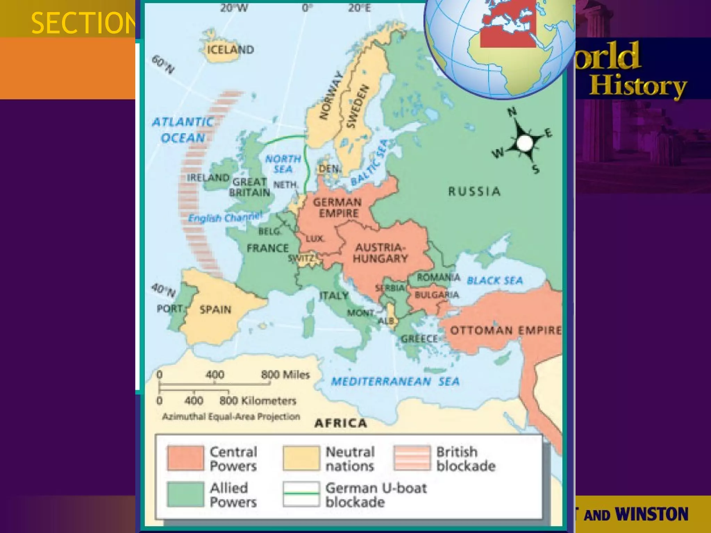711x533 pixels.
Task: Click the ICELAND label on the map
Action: tap(230, 50)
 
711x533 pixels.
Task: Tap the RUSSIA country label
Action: tap(474, 192)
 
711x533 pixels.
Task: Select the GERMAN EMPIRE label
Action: tap(337, 208)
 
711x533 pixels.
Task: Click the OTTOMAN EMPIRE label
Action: tap(505, 330)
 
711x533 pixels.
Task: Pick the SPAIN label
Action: tap(215, 310)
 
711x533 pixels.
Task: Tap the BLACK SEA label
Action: tap(495, 280)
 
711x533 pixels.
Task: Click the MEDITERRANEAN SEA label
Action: tap(395, 382)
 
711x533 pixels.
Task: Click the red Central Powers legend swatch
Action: tap(185, 458)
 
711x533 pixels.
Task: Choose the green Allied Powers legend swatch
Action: tap(185, 494)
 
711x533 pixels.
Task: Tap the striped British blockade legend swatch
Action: tap(412, 458)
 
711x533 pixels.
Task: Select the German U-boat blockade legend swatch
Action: tap(301, 494)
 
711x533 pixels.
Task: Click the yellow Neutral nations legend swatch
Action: tap(301, 458)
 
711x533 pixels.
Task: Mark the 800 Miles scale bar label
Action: tap(285, 375)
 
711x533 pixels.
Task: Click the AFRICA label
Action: tap(340, 423)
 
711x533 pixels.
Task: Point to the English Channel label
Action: tap(225, 218)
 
